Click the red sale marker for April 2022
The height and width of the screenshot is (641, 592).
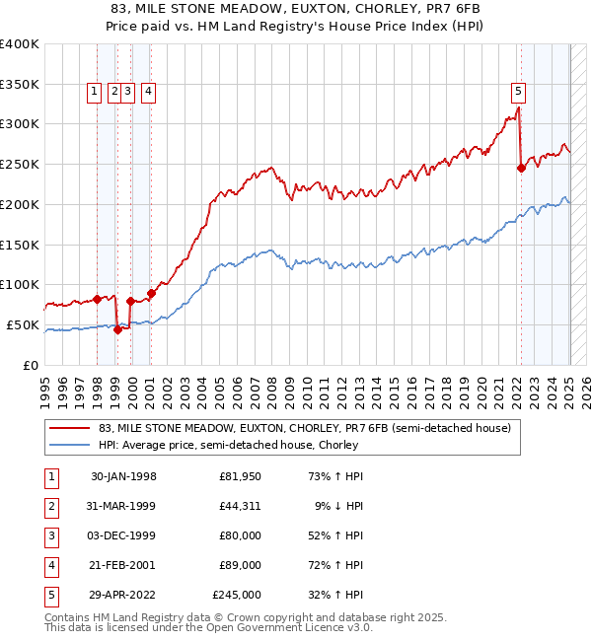[x=521, y=168]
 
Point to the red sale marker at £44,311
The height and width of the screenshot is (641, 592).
[x=117, y=329]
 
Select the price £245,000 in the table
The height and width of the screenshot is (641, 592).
[x=237, y=596]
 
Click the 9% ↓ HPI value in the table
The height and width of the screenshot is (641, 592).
[x=335, y=507]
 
